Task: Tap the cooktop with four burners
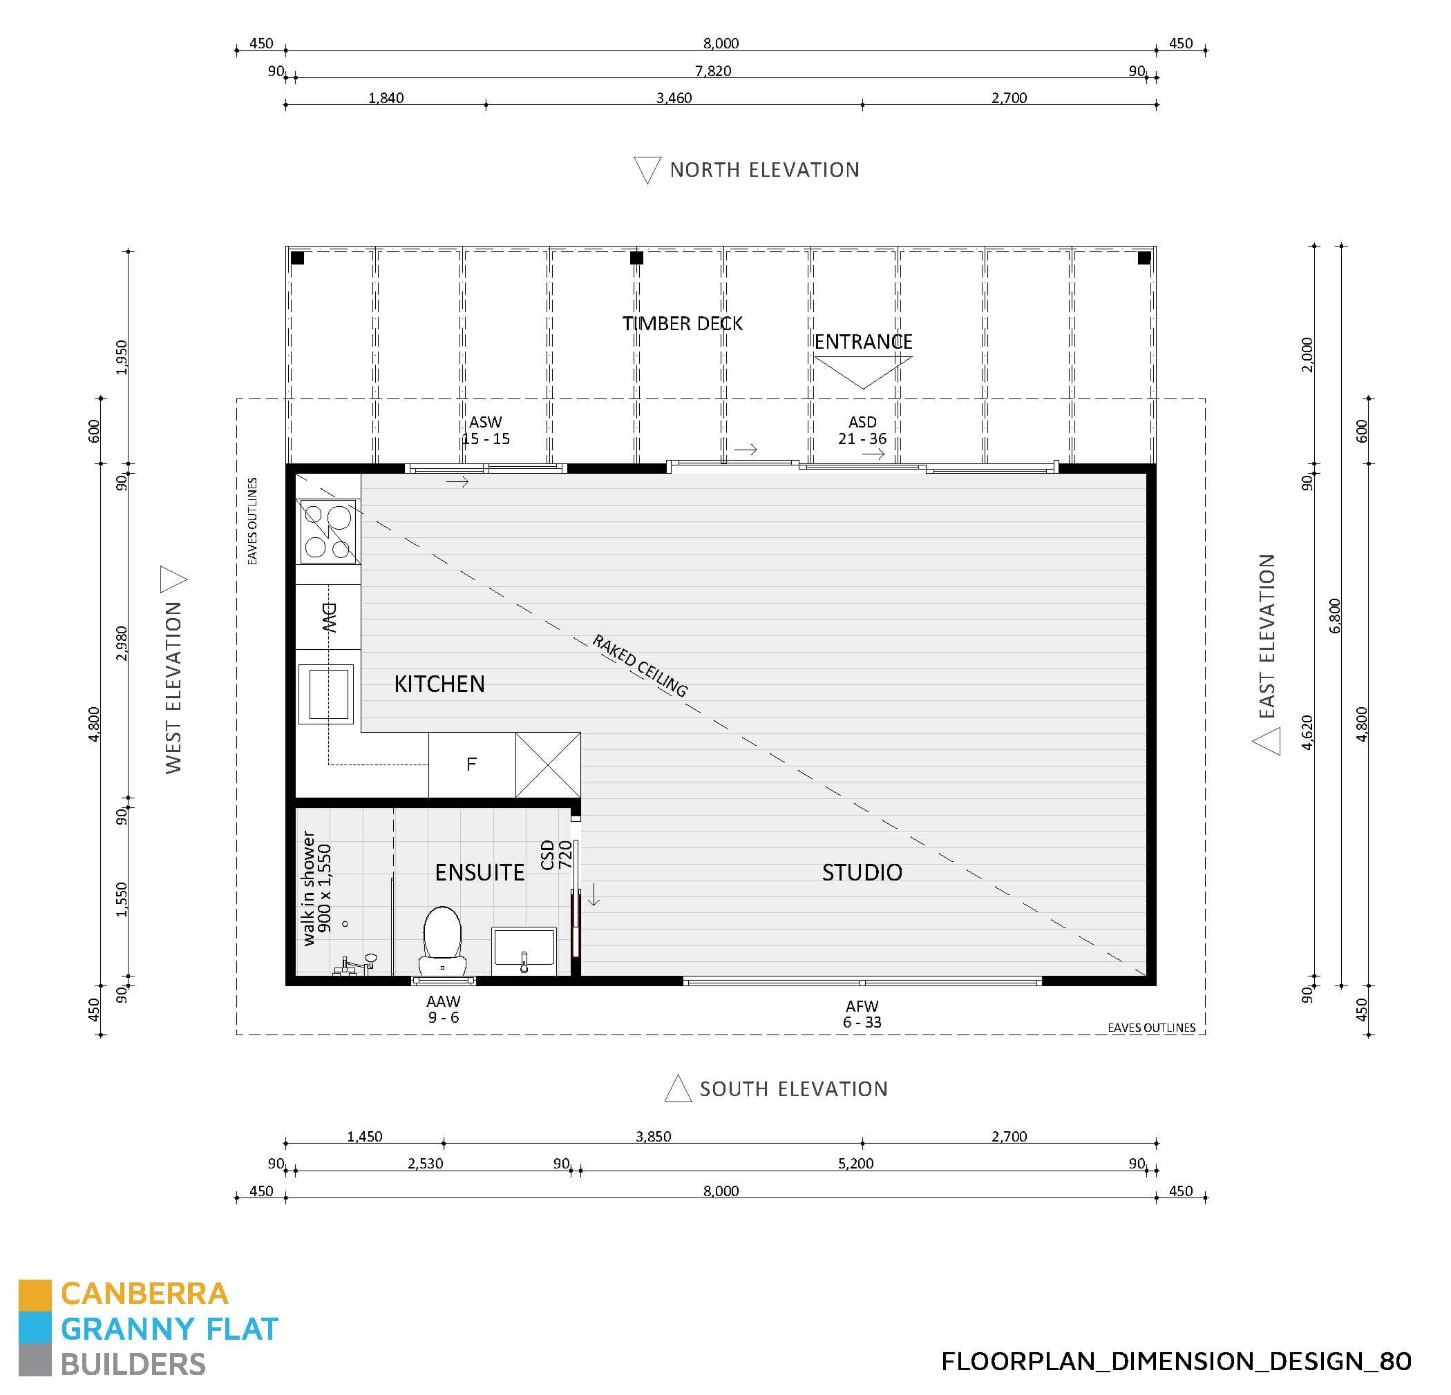click(328, 531)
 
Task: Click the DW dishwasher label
click(329, 617)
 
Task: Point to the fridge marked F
click(471, 764)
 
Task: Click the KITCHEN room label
click(439, 684)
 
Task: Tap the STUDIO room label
click(862, 872)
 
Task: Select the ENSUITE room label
click(479, 872)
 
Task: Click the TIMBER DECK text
click(682, 323)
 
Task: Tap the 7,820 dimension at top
click(713, 71)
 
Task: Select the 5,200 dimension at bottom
click(856, 1164)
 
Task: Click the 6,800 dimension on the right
click(1335, 616)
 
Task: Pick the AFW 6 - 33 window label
click(862, 1014)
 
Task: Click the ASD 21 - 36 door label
click(862, 430)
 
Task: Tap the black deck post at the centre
click(636, 258)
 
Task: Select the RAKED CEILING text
click(641, 665)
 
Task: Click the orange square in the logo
click(35, 1295)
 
